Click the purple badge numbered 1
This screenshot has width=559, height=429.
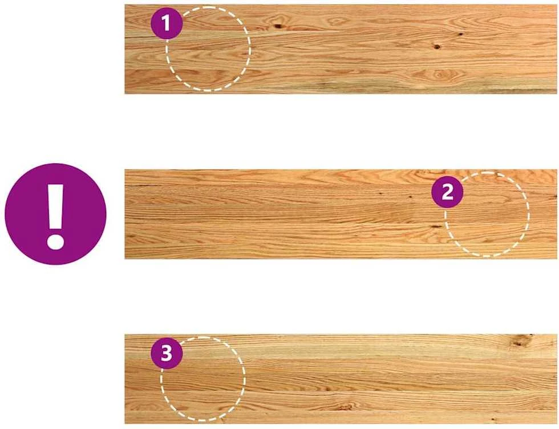tap(167, 23)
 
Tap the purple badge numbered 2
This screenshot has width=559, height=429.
tap(447, 192)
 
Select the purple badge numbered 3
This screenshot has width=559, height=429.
tap(167, 353)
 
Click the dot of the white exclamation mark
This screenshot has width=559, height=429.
tap(55, 241)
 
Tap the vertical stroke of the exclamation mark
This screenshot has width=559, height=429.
tap(56, 207)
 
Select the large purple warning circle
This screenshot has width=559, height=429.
tap(56, 214)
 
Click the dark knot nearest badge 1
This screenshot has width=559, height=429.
tap(278, 26)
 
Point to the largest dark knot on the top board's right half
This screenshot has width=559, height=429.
tap(437, 47)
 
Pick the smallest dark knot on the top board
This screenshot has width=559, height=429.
tap(461, 34)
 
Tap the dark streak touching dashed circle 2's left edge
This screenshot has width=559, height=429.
tap(436, 226)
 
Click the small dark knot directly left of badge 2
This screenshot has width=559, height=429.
tap(410, 197)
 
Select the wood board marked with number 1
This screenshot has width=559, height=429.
tap(341, 49)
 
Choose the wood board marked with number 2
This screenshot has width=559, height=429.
tap(341, 214)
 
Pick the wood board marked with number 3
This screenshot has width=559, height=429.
tap(341, 379)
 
